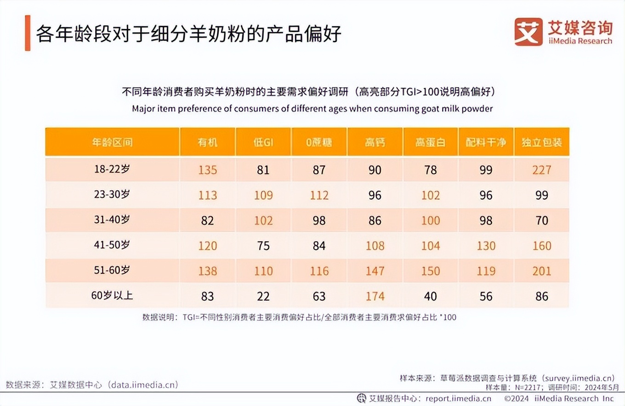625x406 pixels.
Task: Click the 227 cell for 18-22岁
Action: click(x=541, y=170)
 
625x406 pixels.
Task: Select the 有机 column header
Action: click(x=208, y=142)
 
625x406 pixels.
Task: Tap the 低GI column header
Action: click(x=263, y=142)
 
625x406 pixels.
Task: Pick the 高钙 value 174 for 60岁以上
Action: click(x=375, y=296)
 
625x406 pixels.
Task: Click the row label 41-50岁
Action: click(x=112, y=245)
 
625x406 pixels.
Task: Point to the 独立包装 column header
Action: click(x=541, y=142)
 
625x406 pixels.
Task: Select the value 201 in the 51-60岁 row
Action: click(x=541, y=271)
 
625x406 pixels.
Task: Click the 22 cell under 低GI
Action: click(x=263, y=296)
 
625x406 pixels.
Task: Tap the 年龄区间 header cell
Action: click(x=112, y=142)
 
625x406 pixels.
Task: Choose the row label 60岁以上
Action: click(x=112, y=295)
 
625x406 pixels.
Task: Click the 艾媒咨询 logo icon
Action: click(x=528, y=32)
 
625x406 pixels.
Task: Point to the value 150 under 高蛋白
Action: click(x=431, y=271)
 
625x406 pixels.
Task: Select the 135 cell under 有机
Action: click(x=208, y=170)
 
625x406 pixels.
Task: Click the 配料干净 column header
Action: click(x=486, y=142)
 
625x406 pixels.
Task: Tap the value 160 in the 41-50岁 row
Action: click(x=541, y=246)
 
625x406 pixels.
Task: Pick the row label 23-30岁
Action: click(x=112, y=195)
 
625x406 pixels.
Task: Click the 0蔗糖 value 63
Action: click(x=319, y=296)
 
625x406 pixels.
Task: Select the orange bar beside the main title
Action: click(x=28, y=33)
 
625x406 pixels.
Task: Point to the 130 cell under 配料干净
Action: click(x=486, y=246)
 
